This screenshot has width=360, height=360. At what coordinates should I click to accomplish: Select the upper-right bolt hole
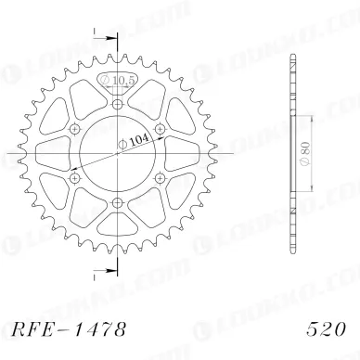[x=158, y=127]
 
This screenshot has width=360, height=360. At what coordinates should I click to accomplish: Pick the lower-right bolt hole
[x=158, y=176]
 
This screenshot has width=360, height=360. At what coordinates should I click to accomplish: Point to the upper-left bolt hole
[x=73, y=127]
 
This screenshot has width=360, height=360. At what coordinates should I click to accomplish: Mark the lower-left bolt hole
[x=73, y=176]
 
